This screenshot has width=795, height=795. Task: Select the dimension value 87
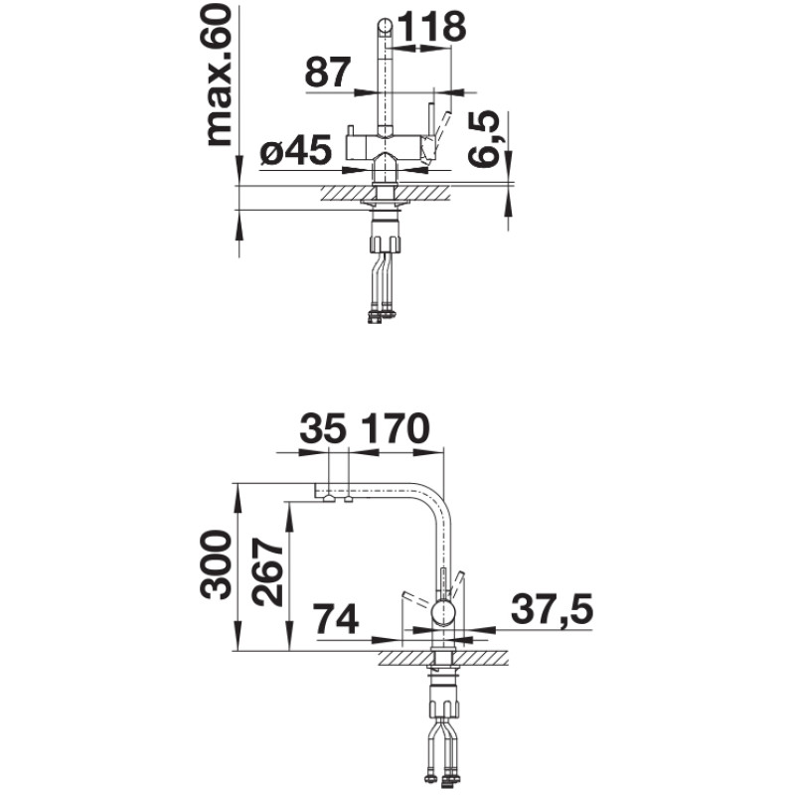(x=328, y=73)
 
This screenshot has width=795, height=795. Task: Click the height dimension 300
(x=218, y=565)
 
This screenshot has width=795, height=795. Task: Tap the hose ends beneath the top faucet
(x=381, y=316)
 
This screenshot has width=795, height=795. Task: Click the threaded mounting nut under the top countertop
(x=386, y=239)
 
